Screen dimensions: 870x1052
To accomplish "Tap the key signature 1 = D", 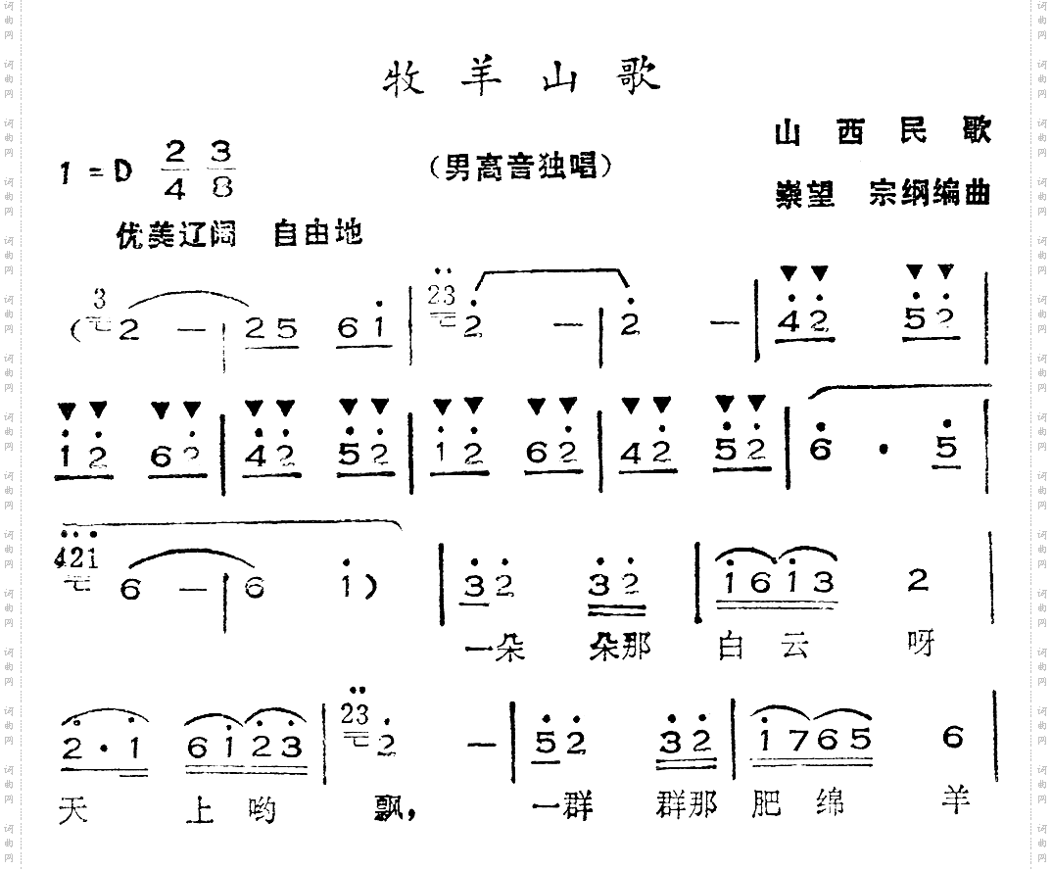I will tap(96, 171).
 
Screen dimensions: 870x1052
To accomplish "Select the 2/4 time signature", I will tap(175, 169).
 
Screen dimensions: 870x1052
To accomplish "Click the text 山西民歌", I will tap(882, 132).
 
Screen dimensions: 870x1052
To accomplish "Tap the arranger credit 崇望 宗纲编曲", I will tap(882, 193).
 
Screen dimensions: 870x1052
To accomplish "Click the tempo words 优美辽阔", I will tap(176, 234).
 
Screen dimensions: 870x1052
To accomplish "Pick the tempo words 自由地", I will tap(317, 234).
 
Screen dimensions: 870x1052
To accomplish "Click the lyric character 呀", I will tap(920, 646).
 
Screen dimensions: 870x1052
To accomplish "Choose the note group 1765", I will tap(808, 741).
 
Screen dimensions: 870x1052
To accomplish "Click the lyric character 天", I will tap(74, 808).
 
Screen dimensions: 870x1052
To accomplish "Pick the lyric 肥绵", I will tap(790, 804).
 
